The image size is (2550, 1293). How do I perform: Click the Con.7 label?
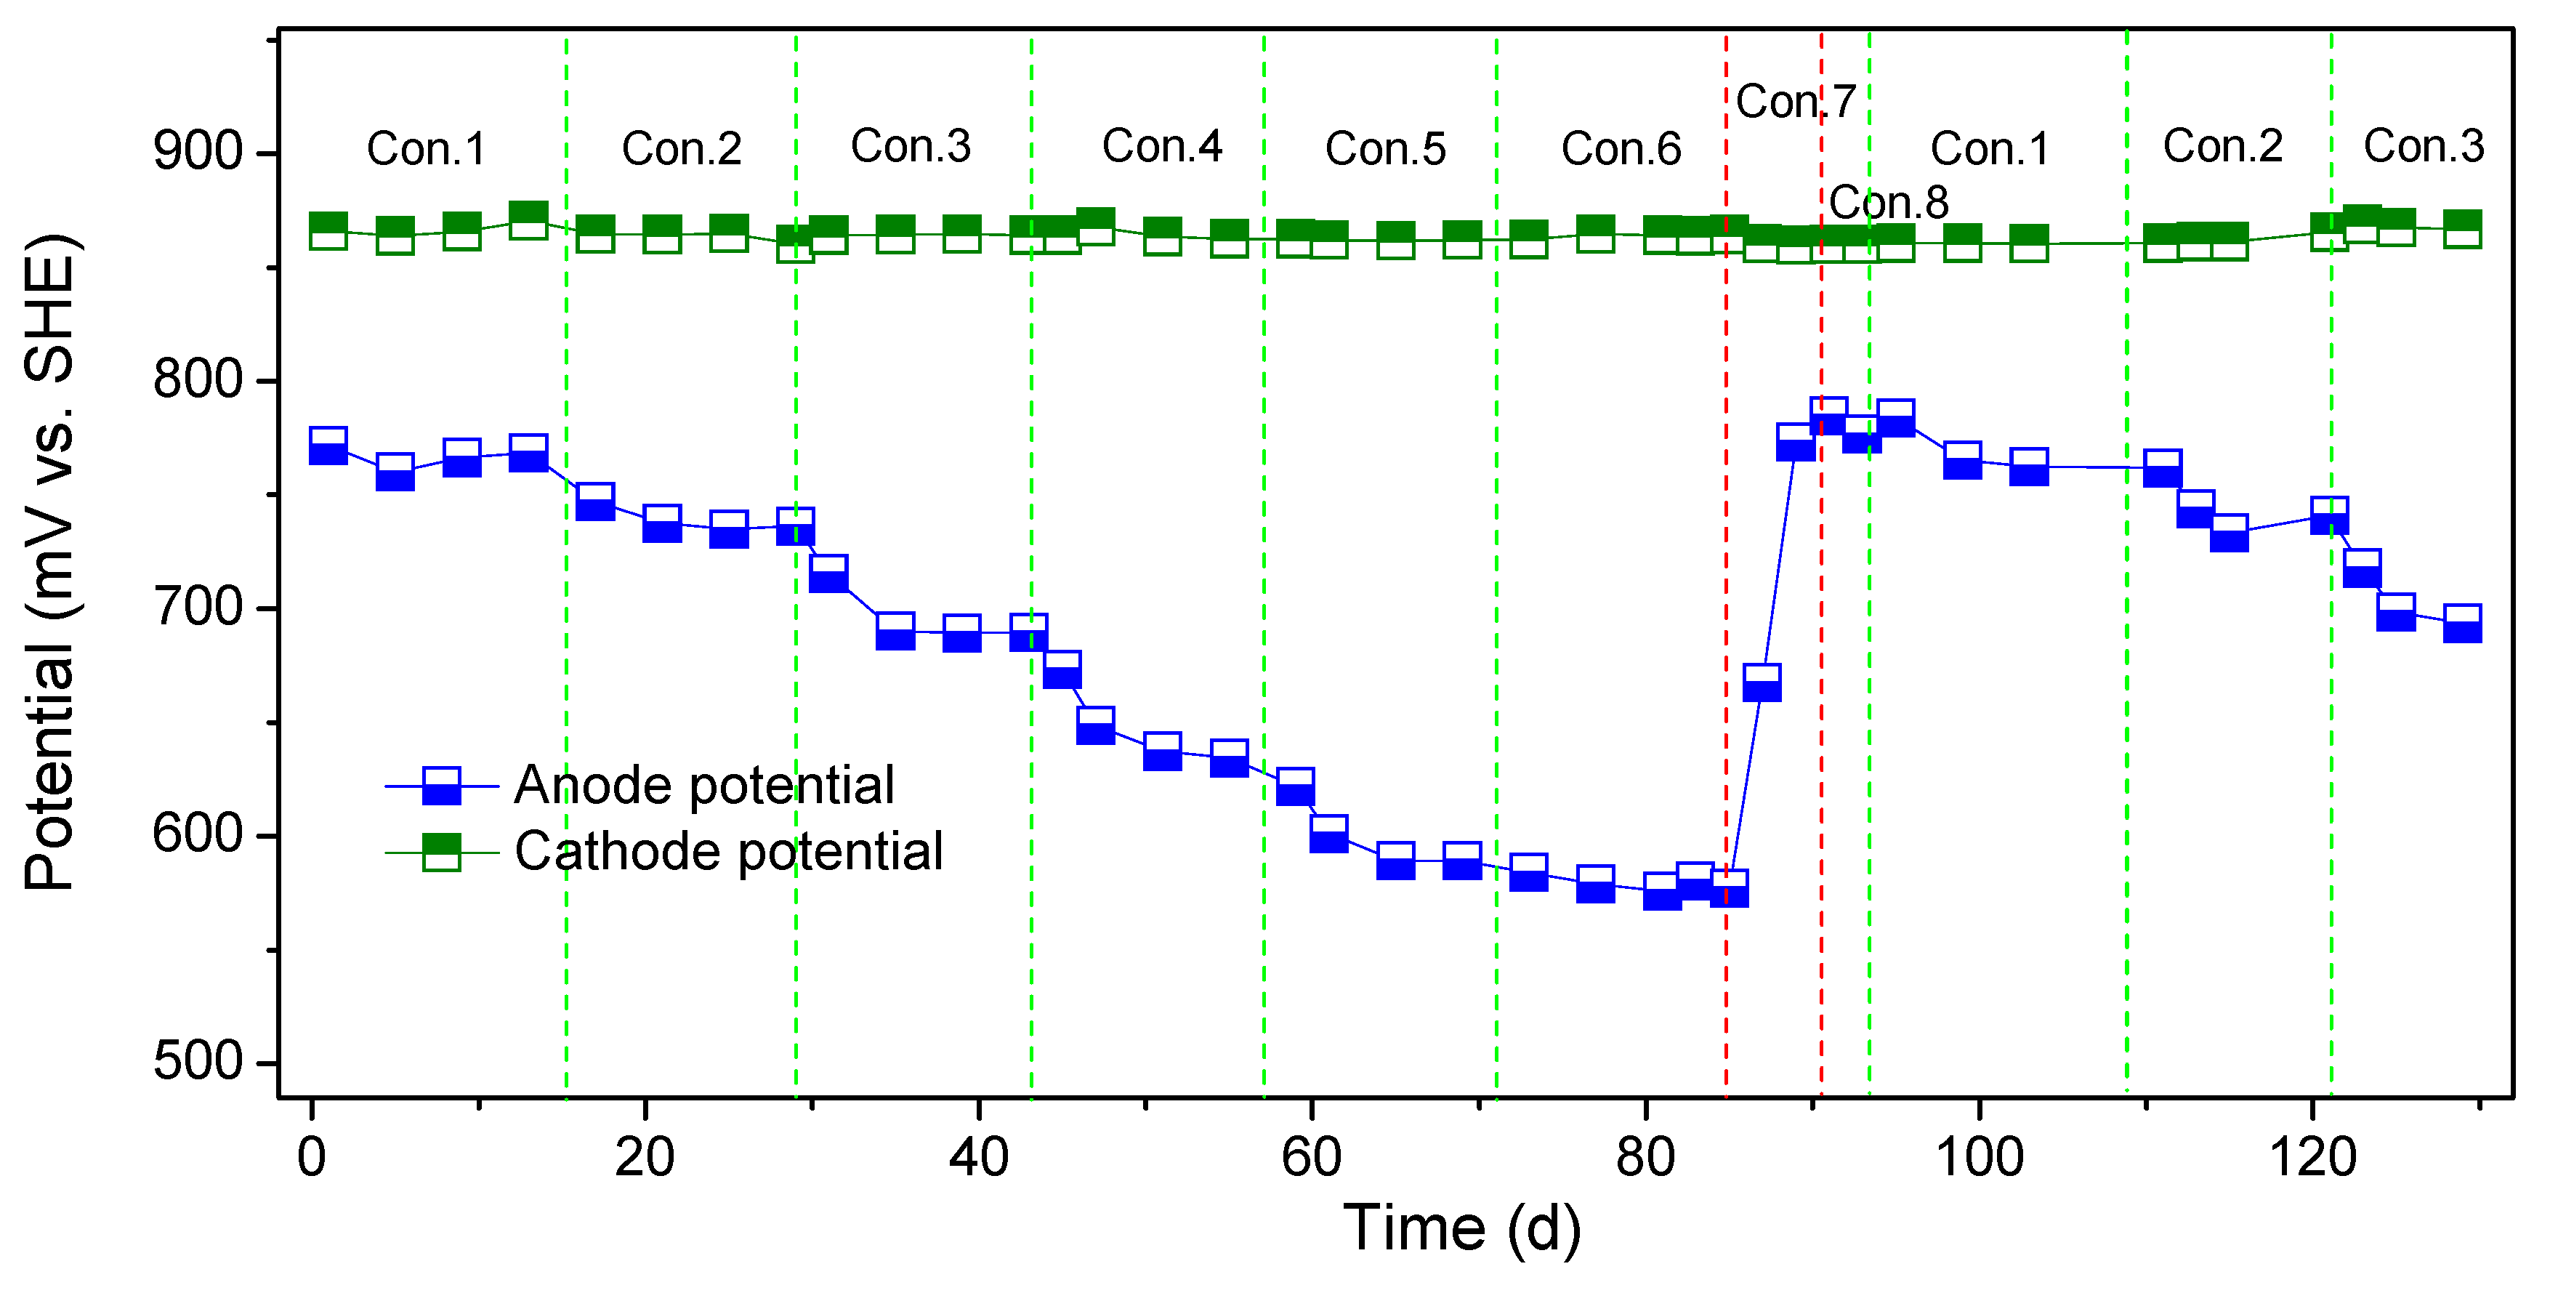coord(1795,101)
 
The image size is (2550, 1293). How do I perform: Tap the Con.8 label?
coord(1888,202)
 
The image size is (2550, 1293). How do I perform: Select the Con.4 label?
coord(1161,147)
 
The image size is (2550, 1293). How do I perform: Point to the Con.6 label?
coord(1621,148)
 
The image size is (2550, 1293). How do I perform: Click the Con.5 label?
coord(1385,148)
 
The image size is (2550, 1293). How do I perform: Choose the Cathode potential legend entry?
coord(727,851)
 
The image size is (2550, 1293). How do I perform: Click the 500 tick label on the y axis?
coord(197,1061)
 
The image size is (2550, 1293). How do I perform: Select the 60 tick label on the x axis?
coord(1311,1156)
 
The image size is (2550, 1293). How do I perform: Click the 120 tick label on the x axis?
coord(2312,1156)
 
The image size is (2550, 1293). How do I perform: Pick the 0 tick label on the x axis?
coord(312,1156)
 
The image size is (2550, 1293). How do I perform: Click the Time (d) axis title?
coord(1461,1228)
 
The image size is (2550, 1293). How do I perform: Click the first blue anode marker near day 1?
coord(328,446)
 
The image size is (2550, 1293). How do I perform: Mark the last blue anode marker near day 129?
coord(2462,623)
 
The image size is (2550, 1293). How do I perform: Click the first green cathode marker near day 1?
coord(328,230)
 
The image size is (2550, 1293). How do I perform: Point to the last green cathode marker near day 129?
coord(2462,229)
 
